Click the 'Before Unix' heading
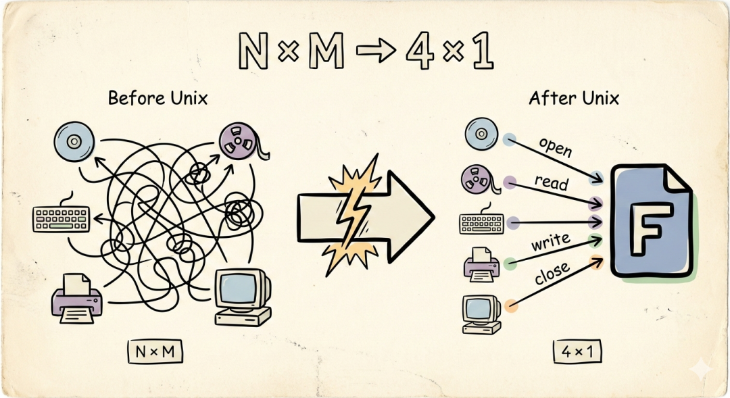[x=157, y=98]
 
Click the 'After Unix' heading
[x=574, y=98]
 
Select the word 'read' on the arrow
[x=551, y=182]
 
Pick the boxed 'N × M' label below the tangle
[x=156, y=351]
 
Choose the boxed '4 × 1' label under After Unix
[x=577, y=351]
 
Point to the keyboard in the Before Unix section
[x=60, y=218]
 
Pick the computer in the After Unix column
[x=481, y=314]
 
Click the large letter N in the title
[x=256, y=52]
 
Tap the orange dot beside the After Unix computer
[x=511, y=306]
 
